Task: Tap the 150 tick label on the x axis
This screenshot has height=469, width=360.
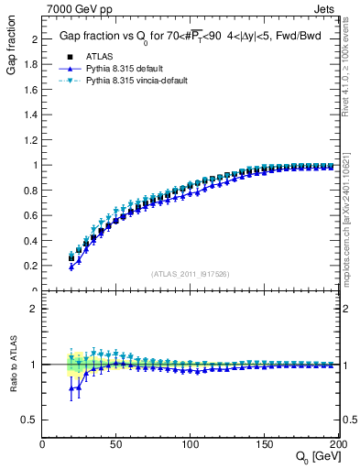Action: coord(265,444)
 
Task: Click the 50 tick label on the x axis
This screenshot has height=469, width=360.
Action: coord(116,444)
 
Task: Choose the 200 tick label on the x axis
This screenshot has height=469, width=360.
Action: coord(338,444)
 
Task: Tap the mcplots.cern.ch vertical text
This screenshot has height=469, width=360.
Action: coord(351,220)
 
